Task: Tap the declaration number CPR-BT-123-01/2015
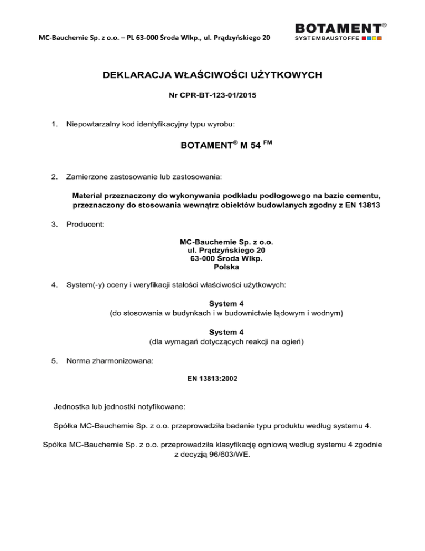[x=212, y=95]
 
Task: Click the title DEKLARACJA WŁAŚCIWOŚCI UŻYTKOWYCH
[x=212, y=74]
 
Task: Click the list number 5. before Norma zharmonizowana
[x=54, y=361]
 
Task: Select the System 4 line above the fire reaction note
[x=212, y=334]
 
